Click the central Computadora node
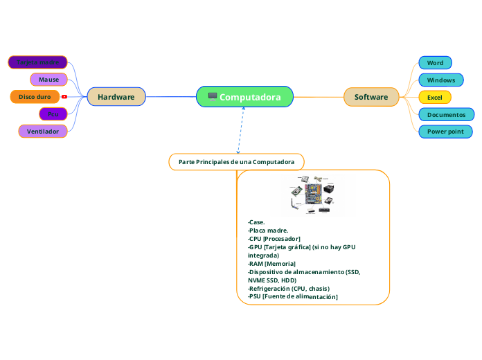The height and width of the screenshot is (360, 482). point(245,97)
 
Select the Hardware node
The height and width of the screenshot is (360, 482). point(116,97)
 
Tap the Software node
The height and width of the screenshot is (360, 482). point(371,97)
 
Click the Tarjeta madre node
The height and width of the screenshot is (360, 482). point(37,62)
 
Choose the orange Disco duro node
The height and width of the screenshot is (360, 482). point(35,97)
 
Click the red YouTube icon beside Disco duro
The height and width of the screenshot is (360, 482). point(64,97)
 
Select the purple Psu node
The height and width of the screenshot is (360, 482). point(53,114)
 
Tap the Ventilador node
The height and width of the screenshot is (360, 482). point(43,131)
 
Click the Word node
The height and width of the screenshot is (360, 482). point(435,63)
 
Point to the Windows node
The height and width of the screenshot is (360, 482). point(441,80)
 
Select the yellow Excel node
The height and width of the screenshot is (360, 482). point(435,98)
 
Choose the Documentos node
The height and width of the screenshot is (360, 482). point(447,114)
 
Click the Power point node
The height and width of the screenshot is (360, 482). point(446,132)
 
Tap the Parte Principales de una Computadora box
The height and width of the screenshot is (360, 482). point(236,161)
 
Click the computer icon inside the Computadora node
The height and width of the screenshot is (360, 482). point(213,96)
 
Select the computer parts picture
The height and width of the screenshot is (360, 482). point(314,195)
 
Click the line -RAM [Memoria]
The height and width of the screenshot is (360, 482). point(271,264)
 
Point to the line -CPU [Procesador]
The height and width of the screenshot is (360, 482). point(274,238)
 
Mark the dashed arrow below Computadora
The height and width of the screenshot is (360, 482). point(240,131)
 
